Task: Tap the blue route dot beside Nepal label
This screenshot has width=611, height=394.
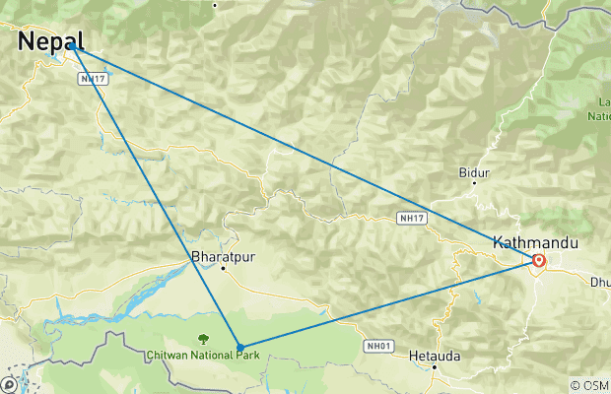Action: tap(72, 46)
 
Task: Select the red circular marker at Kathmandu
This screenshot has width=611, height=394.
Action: tap(539, 261)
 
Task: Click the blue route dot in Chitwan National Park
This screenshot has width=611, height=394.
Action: tap(239, 347)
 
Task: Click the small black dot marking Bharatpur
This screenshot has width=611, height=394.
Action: tap(224, 268)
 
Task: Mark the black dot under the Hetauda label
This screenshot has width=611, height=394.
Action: tap(435, 368)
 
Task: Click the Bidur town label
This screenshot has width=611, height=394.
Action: tap(474, 172)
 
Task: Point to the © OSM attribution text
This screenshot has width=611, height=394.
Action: tap(589, 385)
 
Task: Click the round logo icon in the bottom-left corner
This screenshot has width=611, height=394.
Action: tap(9, 384)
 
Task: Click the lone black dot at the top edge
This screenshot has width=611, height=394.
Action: tap(215, 5)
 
